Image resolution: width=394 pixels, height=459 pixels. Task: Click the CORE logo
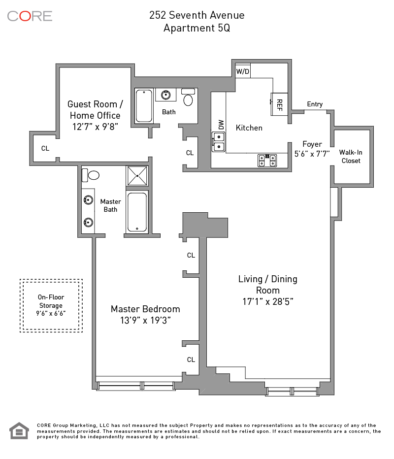(30, 16)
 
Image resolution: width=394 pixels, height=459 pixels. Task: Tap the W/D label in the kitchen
(243, 71)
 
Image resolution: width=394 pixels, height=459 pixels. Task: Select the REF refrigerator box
(279, 104)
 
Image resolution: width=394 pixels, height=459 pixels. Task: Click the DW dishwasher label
(221, 125)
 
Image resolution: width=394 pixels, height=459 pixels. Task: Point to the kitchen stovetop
(267, 161)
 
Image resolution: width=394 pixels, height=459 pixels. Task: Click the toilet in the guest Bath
(188, 97)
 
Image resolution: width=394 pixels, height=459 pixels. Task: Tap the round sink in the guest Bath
(165, 95)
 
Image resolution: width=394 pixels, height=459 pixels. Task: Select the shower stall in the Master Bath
(137, 176)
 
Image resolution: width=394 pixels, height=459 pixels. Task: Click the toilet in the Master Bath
(91, 175)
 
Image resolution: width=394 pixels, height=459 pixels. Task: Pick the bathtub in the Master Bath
(137, 212)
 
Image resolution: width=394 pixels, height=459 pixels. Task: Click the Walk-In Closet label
(351, 157)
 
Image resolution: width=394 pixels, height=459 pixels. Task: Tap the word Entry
(315, 104)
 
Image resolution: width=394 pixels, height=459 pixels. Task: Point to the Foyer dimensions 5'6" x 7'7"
(312, 154)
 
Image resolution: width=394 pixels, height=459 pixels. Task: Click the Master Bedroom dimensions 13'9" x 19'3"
(145, 320)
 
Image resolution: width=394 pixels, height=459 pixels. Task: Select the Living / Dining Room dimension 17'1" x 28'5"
(268, 301)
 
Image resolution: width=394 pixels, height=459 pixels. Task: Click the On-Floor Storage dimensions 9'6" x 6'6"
(51, 313)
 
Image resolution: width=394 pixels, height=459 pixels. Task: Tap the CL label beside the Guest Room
(45, 148)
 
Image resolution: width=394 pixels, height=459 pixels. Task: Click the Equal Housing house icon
(19, 430)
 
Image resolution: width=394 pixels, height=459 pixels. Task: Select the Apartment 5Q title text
(197, 28)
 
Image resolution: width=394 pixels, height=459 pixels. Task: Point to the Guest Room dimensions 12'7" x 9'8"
(95, 127)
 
